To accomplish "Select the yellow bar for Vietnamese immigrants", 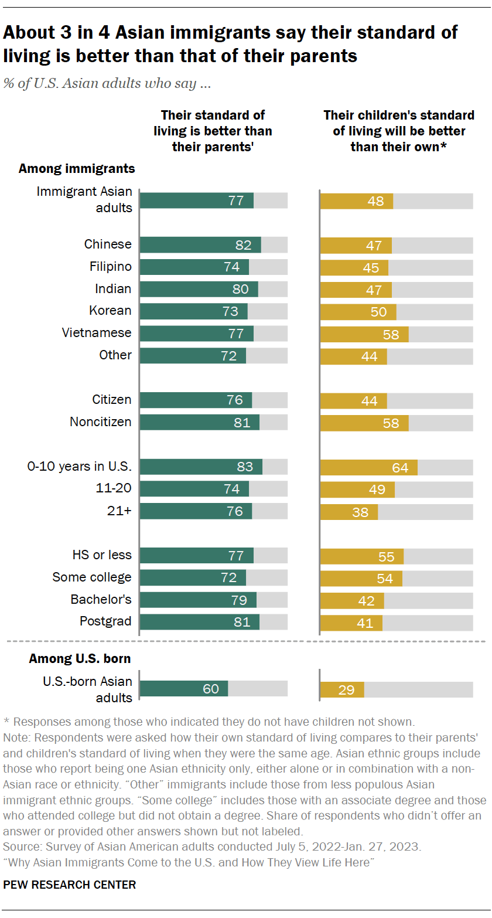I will tap(364, 334).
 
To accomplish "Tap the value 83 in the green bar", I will tap(245, 467).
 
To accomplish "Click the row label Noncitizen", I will tap(101, 422).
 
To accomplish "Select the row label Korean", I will tap(110, 311).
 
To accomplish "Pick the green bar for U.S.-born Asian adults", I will tap(184, 689).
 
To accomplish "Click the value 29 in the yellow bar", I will tap(346, 690).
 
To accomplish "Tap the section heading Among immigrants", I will tap(77, 169).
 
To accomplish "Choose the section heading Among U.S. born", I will tap(80, 659).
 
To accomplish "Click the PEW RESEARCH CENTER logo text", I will tap(70, 885).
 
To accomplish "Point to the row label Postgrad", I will tap(105, 621).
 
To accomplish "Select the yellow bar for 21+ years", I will tap(349, 512).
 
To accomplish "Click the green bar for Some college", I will tap(193, 578).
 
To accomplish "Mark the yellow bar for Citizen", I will tap(353, 400).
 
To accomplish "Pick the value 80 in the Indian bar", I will tap(240, 289).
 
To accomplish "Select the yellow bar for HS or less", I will tap(361, 556).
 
